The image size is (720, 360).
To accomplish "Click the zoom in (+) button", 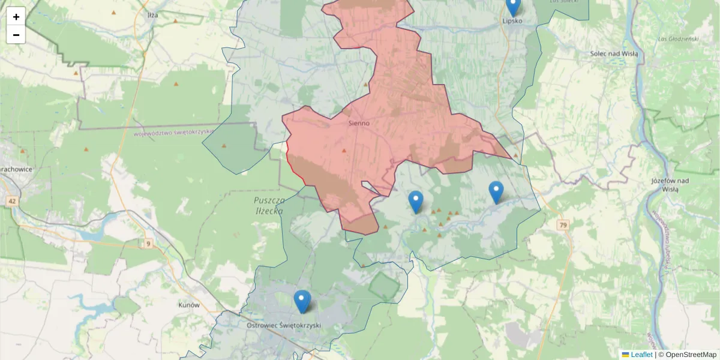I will pos(16,17).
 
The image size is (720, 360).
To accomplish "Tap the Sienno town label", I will pos(359,123).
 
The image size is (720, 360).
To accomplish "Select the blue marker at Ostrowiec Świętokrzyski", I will pos(302,302).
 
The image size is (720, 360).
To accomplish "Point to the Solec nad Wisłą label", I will pos(614,53).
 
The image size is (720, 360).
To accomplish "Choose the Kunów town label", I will pos(188,305).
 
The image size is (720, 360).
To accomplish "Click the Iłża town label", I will pos(152,14).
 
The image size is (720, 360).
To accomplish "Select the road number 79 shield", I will pos(562,225).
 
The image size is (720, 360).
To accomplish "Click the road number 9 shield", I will pos(148,243).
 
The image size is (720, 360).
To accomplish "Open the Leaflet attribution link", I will pos(641,355).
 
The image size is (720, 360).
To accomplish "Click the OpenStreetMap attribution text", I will pos(691,355).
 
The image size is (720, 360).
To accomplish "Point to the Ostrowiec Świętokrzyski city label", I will pos(284,325).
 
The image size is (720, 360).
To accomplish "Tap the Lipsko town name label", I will pos(512,20).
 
